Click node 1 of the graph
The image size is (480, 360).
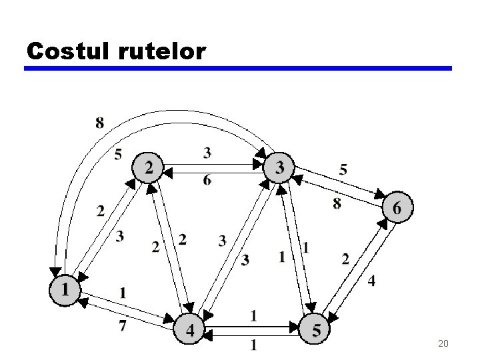65,290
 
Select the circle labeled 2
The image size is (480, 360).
148,167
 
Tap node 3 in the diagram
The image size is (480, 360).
279,167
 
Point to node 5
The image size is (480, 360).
316,329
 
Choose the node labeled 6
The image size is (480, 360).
397,208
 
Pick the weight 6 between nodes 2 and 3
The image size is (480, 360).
207,181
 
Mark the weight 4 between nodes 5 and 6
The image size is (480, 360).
371,281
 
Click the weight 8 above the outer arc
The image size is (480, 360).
100,122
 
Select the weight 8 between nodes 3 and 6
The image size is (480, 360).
337,203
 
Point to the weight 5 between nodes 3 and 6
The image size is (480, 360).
343,170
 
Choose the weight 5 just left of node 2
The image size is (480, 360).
118,154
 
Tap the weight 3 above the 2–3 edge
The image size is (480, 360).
207,153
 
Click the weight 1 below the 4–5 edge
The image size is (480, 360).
254,345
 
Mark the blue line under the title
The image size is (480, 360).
238,68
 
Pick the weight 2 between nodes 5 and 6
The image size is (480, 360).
345,258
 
